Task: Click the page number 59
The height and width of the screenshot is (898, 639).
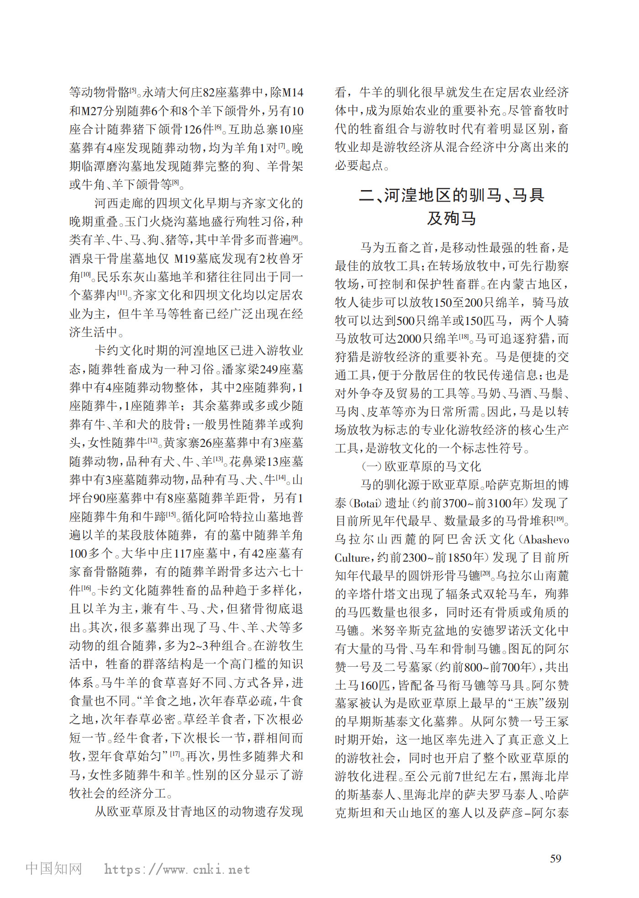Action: click(555, 859)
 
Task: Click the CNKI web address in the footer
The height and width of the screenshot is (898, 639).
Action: click(177, 869)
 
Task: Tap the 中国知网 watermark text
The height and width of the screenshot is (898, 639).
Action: click(54, 868)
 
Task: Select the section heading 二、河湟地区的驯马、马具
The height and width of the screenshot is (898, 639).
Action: click(451, 195)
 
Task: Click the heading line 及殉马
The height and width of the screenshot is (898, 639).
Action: click(451, 218)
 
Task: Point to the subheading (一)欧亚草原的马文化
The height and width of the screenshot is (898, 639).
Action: click(421, 466)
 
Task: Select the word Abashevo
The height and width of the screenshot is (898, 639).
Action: click(546, 540)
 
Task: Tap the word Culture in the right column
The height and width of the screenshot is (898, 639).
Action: click(352, 558)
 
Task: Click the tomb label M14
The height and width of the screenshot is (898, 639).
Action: click(292, 93)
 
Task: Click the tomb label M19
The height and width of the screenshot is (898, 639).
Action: click(185, 259)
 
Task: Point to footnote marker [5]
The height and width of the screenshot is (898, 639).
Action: click(133, 90)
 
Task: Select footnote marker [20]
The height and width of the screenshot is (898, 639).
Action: click(486, 573)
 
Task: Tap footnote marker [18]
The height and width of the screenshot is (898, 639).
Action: click(464, 336)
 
